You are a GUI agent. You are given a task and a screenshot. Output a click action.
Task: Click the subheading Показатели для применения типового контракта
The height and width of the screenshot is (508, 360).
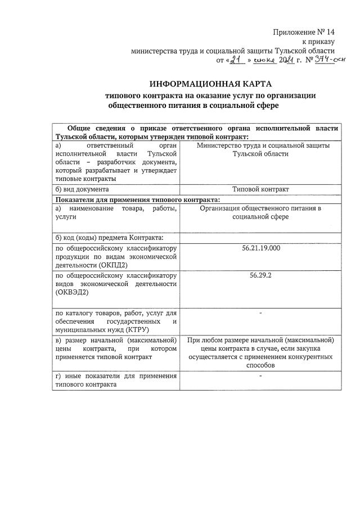[x=136, y=199]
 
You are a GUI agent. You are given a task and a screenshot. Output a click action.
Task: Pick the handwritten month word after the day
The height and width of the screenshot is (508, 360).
[x=263, y=60]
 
